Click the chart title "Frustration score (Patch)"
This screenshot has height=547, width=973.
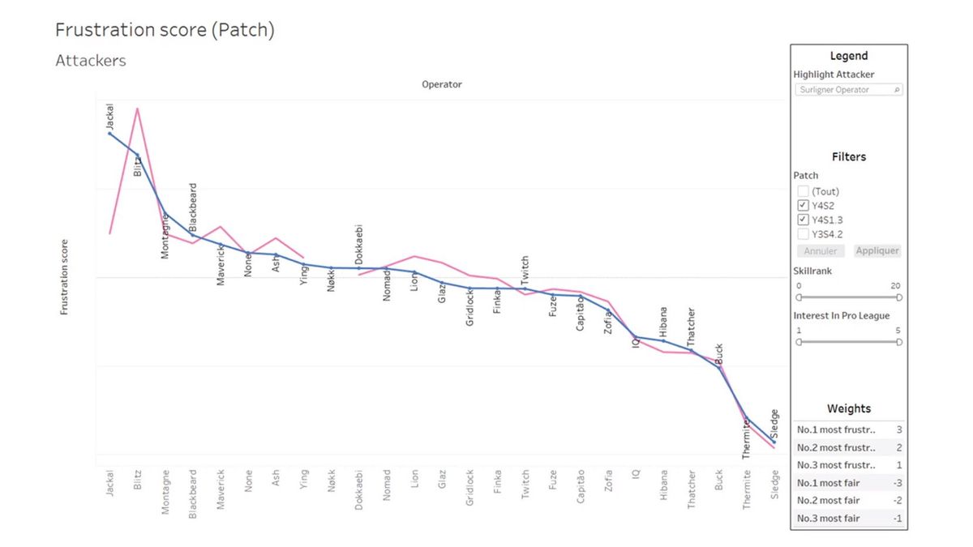click(165, 31)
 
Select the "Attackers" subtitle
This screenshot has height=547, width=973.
click(90, 61)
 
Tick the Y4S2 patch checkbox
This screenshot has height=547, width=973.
click(803, 205)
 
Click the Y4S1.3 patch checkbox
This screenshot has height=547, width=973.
click(803, 220)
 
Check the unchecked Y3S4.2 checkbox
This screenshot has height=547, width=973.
click(803, 234)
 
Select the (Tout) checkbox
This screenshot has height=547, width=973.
click(803, 191)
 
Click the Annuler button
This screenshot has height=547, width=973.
click(820, 251)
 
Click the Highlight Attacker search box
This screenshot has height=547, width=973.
click(847, 90)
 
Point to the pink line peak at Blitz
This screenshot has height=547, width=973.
click(137, 108)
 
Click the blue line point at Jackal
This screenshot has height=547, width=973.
click(110, 133)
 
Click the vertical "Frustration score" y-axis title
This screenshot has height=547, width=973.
click(64, 277)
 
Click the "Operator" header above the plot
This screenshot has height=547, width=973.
click(442, 84)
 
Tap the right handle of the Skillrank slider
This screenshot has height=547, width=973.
click(898, 297)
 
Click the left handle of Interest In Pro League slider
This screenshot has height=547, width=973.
click(799, 342)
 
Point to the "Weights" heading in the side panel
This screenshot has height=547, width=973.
click(848, 409)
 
